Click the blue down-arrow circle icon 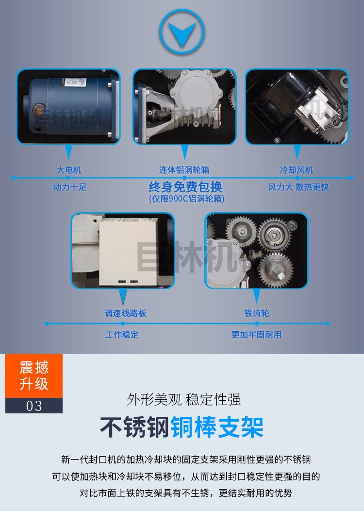point(182,32)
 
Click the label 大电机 point(69,170)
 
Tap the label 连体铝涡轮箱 point(184,170)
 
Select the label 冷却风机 point(296,170)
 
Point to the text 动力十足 point(70,187)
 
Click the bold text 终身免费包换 point(185,187)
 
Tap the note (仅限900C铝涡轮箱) point(186,199)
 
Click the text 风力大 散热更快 point(298,187)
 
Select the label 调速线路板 point(125,313)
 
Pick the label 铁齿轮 point(257,313)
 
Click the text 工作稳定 point(122,335)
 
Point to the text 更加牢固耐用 point(256,335)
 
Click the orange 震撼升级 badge point(34,376)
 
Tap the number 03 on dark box point(34,406)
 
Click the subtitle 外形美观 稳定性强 point(183,400)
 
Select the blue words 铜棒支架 point(217,427)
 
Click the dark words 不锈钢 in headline point(135,427)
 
